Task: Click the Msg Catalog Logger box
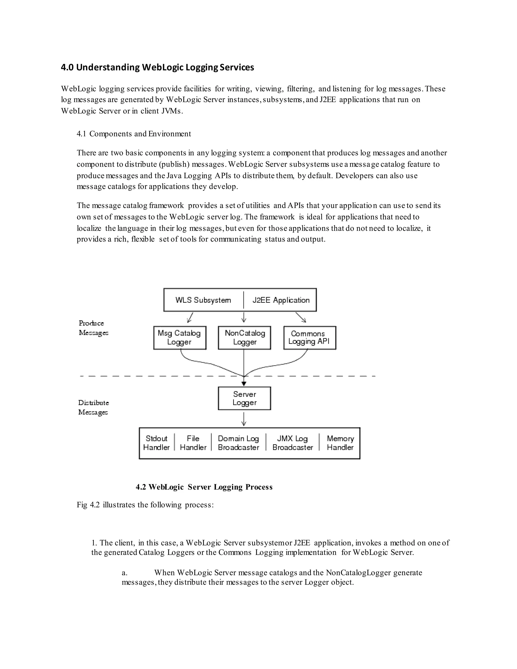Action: tap(179, 338)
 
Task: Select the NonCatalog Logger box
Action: tap(244, 338)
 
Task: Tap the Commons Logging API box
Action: tap(310, 338)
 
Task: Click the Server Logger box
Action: tap(244, 398)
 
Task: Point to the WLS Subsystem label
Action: tap(203, 300)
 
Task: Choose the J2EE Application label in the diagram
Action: tap(281, 300)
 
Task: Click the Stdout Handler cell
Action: tap(156, 443)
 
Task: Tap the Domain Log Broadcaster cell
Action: tap(238, 443)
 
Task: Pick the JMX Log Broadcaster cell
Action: tap(293, 443)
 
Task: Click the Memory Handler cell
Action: tap(340, 443)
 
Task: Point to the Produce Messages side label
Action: tap(93, 328)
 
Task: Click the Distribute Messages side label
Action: tap(93, 407)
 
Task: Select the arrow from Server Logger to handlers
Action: tap(244, 419)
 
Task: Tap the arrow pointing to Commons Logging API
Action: tap(301, 317)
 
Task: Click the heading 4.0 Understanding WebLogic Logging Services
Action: tap(158, 67)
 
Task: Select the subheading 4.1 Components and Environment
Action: tap(134, 134)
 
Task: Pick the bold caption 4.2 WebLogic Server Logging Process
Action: tap(204, 487)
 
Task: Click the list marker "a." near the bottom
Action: tap(125, 573)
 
